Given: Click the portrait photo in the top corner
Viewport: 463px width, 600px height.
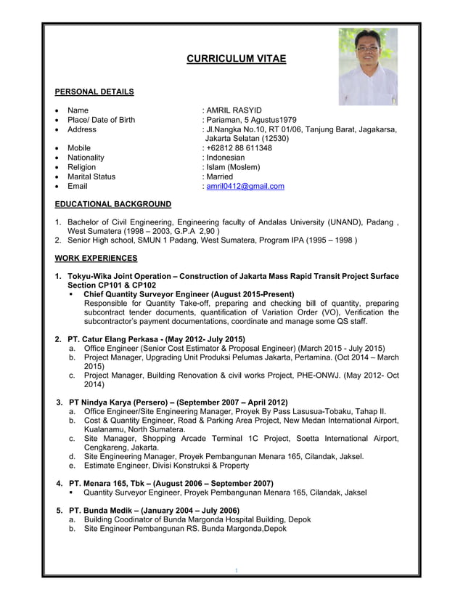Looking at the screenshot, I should (x=368, y=66).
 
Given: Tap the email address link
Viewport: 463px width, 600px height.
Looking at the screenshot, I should (x=245, y=186).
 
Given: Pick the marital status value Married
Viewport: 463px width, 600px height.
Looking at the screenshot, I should (x=220, y=177).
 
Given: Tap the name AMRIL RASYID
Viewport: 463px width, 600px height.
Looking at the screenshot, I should (x=234, y=110).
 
